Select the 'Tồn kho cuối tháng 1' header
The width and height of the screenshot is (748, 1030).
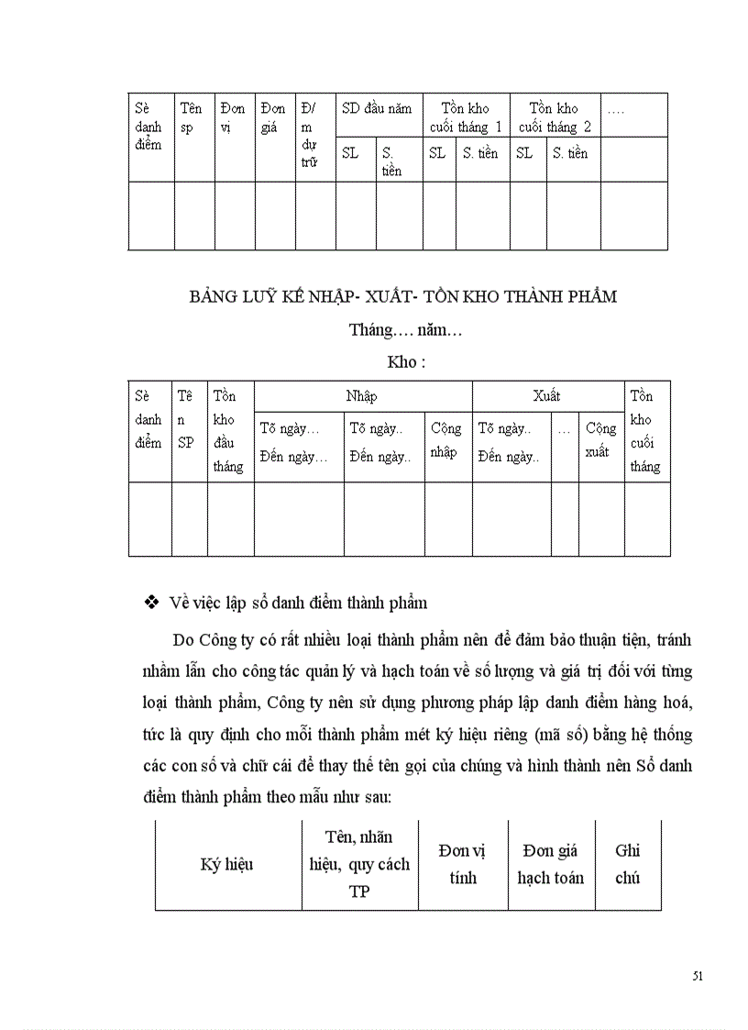466,117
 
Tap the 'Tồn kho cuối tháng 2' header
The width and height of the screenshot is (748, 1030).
555,117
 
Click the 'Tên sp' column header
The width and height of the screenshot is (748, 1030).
191,117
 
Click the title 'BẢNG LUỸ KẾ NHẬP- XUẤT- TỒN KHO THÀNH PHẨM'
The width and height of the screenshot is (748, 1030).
403,297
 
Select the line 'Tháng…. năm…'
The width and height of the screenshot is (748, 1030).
404,329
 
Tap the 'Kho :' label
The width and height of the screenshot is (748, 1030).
406,361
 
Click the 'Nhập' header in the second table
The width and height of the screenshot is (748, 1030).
361,397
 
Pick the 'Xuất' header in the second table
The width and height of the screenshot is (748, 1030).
546,397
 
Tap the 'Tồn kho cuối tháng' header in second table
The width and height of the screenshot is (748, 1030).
645,431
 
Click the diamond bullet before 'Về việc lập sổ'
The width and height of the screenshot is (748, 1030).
153,603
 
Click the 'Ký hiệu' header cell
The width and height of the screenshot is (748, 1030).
226,864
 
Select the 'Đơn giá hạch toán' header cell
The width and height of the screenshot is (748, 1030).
550,864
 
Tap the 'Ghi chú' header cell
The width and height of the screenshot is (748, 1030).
627,864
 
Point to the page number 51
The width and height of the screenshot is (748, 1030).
698,976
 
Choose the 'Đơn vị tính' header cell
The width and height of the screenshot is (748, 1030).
462,864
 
